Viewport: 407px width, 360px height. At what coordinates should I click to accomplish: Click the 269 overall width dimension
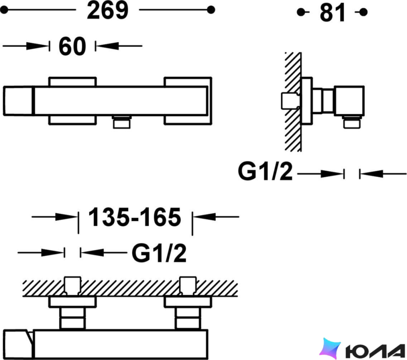pos(107,11)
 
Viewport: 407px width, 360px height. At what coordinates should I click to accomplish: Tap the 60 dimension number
pos(72,47)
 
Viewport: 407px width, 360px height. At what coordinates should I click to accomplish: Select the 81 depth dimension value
pos(333,13)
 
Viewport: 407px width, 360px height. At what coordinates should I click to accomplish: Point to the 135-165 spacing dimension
pos(135,217)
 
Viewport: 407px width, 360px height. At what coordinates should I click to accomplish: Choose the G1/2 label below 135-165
pos(159,253)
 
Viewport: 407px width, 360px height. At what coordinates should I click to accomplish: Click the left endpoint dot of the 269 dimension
pos(4,10)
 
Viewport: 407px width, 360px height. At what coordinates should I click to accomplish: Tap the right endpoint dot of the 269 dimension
pos(211,10)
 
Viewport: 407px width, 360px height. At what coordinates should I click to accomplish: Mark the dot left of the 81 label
pos(301,12)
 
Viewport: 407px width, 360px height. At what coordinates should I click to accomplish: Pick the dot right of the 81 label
pos(364,12)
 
